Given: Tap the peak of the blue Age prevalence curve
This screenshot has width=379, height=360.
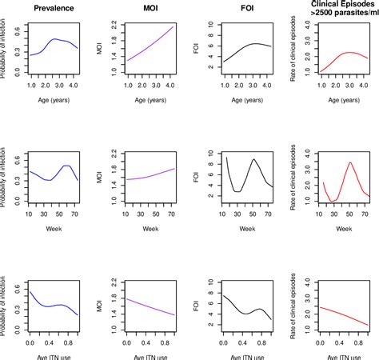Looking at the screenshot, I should coord(54,38).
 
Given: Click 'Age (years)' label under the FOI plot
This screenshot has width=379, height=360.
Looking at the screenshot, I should coord(241,100).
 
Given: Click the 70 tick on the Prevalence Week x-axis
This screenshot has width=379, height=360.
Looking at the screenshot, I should coord(74,214).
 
